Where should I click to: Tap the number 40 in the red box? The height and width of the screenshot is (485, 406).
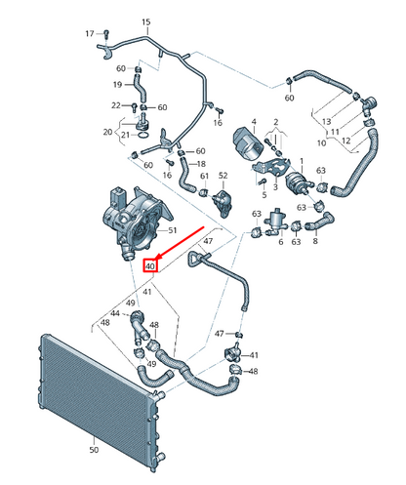coord(150,266)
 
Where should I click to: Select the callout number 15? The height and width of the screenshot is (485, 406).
coord(146,22)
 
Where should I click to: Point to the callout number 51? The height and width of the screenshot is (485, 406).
coord(172,230)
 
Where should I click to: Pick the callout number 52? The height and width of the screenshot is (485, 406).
coord(223,176)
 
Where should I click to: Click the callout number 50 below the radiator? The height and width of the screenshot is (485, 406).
coord(94,450)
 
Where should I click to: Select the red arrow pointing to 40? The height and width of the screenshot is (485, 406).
coord(180,244)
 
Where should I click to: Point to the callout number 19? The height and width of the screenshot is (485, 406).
coord(117,85)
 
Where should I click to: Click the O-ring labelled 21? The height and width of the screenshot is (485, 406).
coord(143,135)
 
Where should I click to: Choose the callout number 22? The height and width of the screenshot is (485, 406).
coord(116,105)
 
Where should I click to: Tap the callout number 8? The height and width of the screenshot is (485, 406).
coord(315,241)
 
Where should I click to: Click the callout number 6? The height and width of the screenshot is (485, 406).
coord(281,242)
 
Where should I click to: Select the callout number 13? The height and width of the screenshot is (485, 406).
coord(326,122)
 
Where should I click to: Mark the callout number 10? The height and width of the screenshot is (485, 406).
coord(321,142)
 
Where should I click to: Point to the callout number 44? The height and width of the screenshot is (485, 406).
coord(115,313)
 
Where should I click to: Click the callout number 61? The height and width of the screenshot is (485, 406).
coord(204,176)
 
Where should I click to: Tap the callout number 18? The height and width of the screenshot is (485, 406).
coord(201,164)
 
